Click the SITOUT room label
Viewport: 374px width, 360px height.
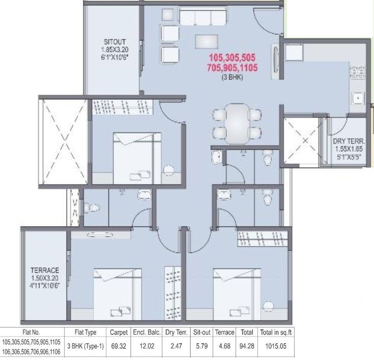(x=114, y=41)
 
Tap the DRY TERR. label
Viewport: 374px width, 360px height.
(x=348, y=141)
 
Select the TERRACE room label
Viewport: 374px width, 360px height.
(x=45, y=270)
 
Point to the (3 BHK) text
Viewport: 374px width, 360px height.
(x=232, y=77)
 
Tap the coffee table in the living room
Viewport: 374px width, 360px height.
(x=208, y=43)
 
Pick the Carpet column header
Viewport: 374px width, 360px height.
(x=118, y=333)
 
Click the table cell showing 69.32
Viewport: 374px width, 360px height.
(x=118, y=345)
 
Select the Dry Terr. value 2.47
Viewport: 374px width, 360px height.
(x=176, y=345)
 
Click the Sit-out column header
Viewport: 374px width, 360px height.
(x=202, y=333)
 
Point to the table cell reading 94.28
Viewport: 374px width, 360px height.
(x=247, y=345)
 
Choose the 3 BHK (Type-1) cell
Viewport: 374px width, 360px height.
(x=84, y=345)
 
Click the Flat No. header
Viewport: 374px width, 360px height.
(x=31, y=333)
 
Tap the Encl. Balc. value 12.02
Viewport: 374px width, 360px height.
(x=147, y=345)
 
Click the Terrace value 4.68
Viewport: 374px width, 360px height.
(x=224, y=345)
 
